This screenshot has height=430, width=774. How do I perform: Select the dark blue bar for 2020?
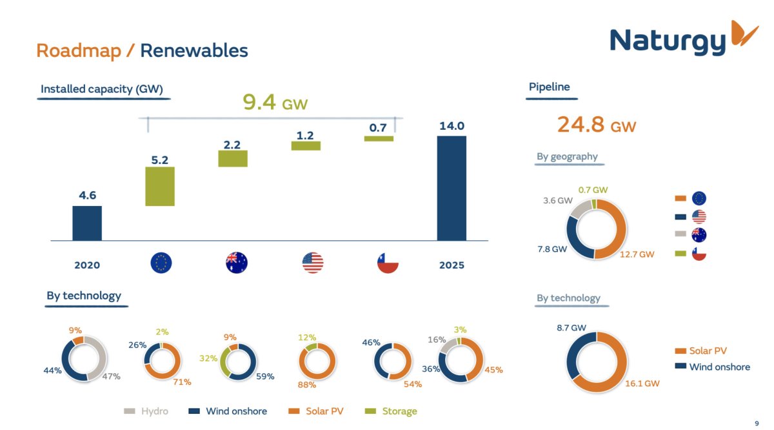click(87, 223)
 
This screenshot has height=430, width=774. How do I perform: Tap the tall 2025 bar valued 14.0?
click(451, 188)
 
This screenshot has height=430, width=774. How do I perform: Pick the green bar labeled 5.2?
click(160, 187)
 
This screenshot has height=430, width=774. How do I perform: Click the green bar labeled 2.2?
click(233, 159)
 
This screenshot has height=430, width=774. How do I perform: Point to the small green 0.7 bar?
click(379, 138)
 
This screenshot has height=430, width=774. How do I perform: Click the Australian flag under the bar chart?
click(237, 263)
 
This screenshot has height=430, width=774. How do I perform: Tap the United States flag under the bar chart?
click(313, 263)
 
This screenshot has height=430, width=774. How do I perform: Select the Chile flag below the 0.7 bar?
click(388, 263)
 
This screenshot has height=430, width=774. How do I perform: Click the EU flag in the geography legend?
click(699, 198)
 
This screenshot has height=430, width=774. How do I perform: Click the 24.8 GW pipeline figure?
click(597, 125)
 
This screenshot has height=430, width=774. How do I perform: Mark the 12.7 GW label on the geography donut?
click(637, 254)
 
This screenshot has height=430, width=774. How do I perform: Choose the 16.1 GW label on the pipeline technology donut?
click(642, 384)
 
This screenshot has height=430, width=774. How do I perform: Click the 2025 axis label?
click(451, 265)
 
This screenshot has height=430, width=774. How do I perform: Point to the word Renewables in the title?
click(193, 50)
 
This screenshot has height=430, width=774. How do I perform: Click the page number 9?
click(757, 423)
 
